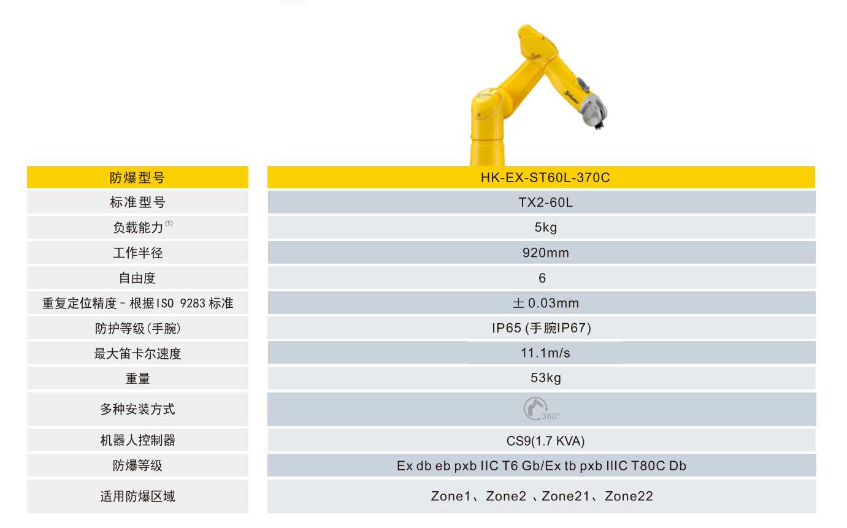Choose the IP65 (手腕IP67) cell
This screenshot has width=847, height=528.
click(542, 328)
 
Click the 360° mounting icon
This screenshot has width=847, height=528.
click(538, 409)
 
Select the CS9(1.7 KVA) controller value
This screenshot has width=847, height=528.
click(542, 440)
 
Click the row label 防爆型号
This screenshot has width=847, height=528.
click(137, 178)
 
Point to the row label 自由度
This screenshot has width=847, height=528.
click(137, 278)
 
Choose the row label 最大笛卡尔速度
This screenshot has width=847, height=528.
click(137, 354)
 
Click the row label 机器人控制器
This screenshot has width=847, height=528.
click(137, 440)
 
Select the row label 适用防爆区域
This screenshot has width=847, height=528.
click(137, 496)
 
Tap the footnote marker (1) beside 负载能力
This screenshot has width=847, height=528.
click(169, 224)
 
